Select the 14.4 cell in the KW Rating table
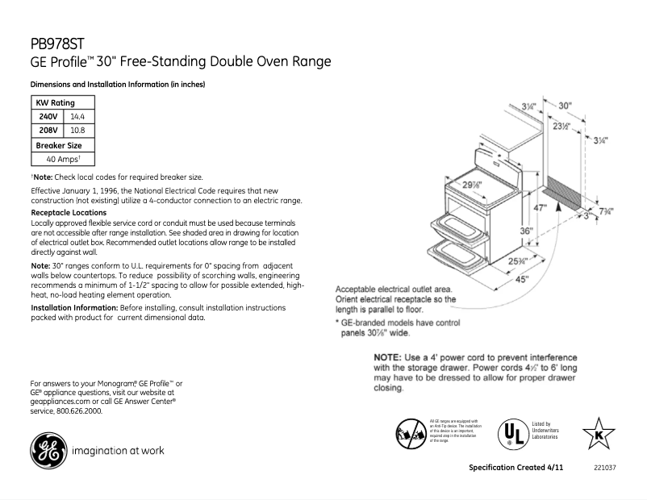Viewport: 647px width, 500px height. pos(78,116)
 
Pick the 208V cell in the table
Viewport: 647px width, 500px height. pos(48,130)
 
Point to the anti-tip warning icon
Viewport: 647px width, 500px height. pos(410,433)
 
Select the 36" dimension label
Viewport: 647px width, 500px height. pos(526,231)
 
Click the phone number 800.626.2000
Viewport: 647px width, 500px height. pos(78,410)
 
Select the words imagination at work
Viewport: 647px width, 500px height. pos(118,451)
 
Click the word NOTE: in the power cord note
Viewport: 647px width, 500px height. pos(391,357)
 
